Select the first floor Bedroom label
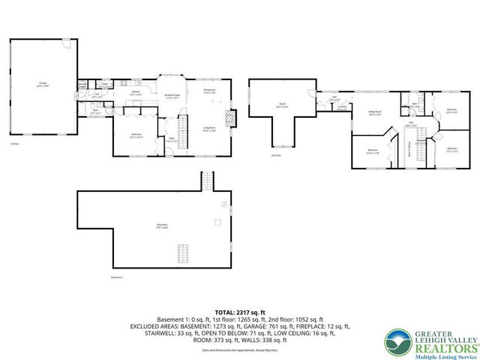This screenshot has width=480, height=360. point(136,136)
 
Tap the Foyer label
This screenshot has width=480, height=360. point(171,139)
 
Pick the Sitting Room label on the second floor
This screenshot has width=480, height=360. point(374,113)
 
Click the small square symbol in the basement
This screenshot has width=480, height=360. point(216,222)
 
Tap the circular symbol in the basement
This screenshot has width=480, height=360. point(223,205)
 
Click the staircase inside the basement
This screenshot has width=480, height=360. point(180,253)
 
